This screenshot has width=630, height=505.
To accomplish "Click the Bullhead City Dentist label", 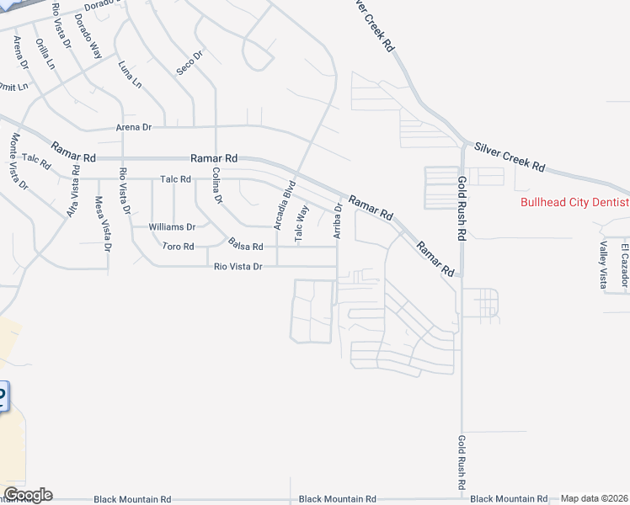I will click(x=574, y=202).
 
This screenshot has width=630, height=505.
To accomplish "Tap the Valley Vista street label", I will click(x=603, y=264).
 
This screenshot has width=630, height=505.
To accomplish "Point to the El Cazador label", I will click(x=625, y=263).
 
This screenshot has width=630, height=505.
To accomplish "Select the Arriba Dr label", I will click(x=339, y=220).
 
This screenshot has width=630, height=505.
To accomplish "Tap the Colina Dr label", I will click(x=216, y=187).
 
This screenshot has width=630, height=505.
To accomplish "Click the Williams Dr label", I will click(x=172, y=227).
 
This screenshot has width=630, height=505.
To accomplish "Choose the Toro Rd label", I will click(x=178, y=247).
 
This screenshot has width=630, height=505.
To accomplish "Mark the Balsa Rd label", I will click(x=246, y=246).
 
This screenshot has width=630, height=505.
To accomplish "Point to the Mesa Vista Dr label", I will click(x=102, y=224).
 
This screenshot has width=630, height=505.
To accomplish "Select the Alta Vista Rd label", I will click(x=75, y=191).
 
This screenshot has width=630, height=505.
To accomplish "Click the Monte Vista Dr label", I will click(x=19, y=161).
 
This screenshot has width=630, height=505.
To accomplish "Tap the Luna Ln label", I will click(x=131, y=75).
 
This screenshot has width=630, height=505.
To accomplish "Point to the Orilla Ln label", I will click(x=45, y=52).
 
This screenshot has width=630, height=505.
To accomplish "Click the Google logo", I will click(x=28, y=495).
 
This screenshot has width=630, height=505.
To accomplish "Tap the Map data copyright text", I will click(x=595, y=498).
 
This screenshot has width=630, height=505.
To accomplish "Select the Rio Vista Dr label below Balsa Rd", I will click(x=239, y=267).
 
